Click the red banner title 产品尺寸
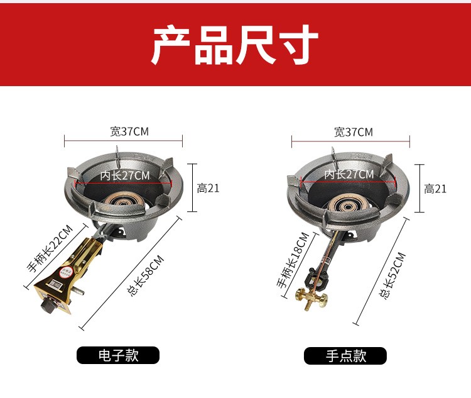tap(235, 45)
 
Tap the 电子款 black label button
tap(118, 355)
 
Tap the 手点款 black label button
tap(345, 356)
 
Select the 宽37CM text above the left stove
tap(129, 131)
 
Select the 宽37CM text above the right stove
tap(353, 132)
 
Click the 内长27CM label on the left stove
tap(125, 175)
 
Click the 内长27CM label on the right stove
tap(349, 174)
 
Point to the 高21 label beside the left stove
tap(208, 189)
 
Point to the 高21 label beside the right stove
tap(435, 189)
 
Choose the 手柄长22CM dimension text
tap(50, 248)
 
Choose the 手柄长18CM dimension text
tap(293, 260)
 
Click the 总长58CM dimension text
tap(146, 275)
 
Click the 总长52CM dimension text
tap(392, 275)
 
